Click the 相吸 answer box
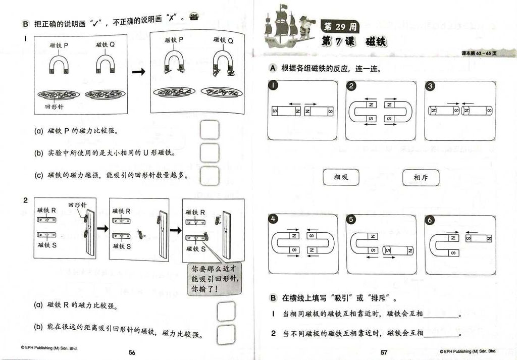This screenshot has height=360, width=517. pyautogui.click(x=341, y=177)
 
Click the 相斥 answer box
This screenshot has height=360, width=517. pyautogui.click(x=421, y=177)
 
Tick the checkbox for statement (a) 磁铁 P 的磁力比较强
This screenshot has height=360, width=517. pyautogui.click(x=210, y=130)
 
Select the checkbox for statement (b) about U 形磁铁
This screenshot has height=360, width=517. pyautogui.click(x=210, y=152)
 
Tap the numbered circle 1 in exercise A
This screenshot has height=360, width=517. pyautogui.click(x=273, y=86)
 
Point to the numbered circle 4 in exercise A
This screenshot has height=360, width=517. pyautogui.click(x=273, y=220)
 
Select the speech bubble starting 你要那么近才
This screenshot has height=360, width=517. pyautogui.click(x=214, y=279)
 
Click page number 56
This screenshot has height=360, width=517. pyautogui.click(x=132, y=352)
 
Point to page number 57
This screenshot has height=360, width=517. pyautogui.click(x=384, y=352)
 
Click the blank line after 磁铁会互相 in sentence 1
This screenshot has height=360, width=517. pyautogui.click(x=441, y=317)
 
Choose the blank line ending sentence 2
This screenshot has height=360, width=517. pyautogui.click(x=441, y=335)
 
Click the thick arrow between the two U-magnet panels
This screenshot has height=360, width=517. pyautogui.click(x=139, y=72)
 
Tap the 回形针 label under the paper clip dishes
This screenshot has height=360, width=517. pyautogui.click(x=54, y=107)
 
